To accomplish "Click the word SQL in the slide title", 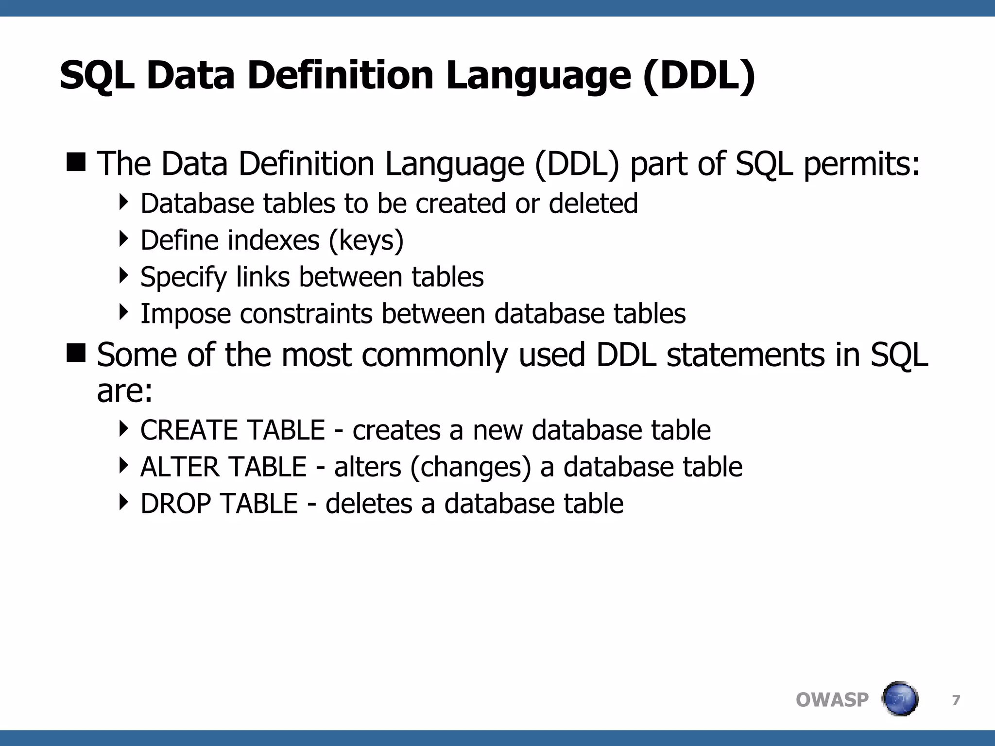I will (97, 76).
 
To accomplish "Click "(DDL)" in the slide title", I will (699, 76).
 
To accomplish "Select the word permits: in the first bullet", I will (861, 164).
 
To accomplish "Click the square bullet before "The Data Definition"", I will (76, 162).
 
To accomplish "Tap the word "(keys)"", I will (366, 241).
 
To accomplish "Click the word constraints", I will (306, 314).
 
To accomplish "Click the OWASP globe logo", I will (900, 699).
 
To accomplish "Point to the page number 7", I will (956, 700).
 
